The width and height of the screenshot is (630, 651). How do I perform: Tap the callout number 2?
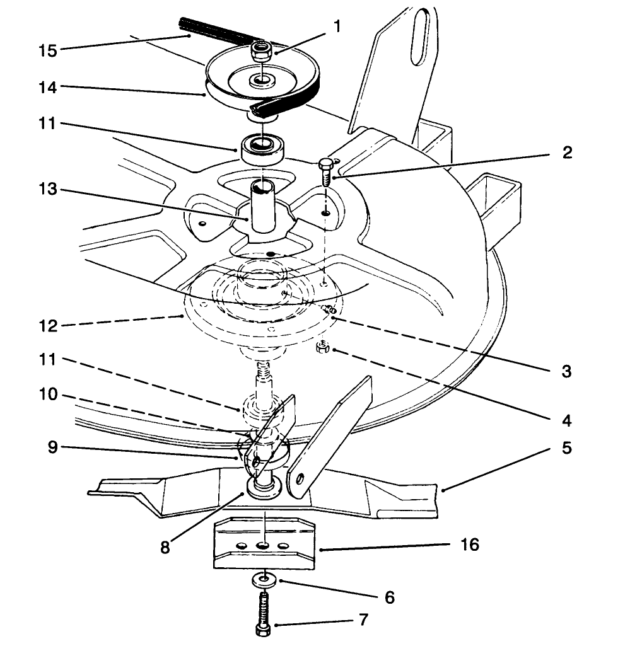(566, 153)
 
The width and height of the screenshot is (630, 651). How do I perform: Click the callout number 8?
(165, 547)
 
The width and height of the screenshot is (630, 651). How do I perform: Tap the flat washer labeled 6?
(264, 578)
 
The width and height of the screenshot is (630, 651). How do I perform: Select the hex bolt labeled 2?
(326, 170)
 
